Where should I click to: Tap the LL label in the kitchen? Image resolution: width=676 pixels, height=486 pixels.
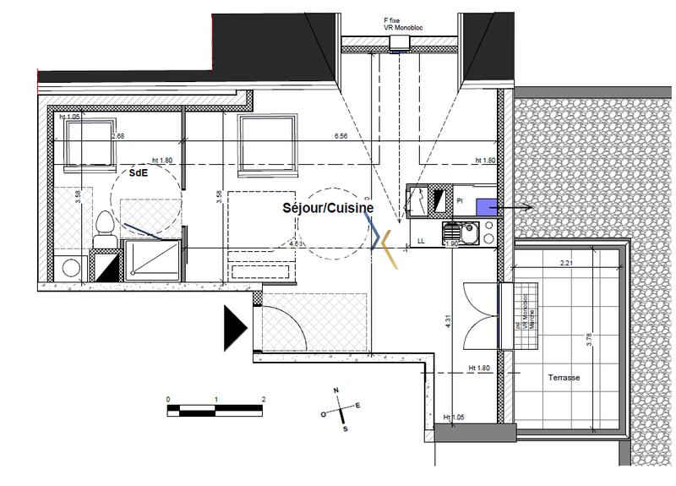click(x=420, y=242)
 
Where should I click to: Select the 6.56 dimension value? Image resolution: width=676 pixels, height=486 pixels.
click(x=341, y=135)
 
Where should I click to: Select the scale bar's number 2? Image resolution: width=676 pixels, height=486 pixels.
click(x=264, y=400)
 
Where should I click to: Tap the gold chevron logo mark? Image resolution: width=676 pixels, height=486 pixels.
click(x=387, y=241)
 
